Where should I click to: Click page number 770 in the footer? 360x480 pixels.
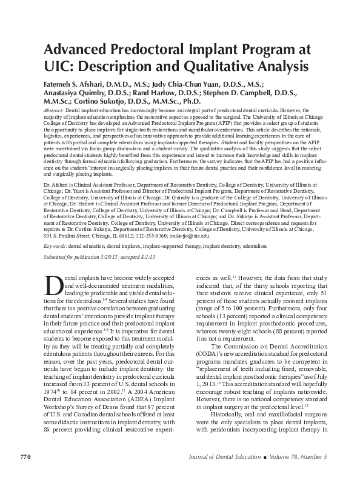coord(26,456)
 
